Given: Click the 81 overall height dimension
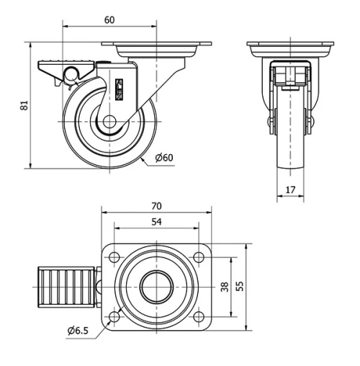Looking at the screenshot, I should click(24, 105).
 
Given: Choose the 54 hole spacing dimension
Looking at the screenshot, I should click(156, 223).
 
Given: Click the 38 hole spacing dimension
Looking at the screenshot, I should click(224, 287).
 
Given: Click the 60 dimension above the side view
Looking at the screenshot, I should click(109, 20).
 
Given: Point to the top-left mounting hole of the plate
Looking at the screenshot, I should click(114, 257).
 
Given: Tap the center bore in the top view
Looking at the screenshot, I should click(155, 287).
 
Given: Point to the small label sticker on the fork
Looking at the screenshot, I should click(120, 88).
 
